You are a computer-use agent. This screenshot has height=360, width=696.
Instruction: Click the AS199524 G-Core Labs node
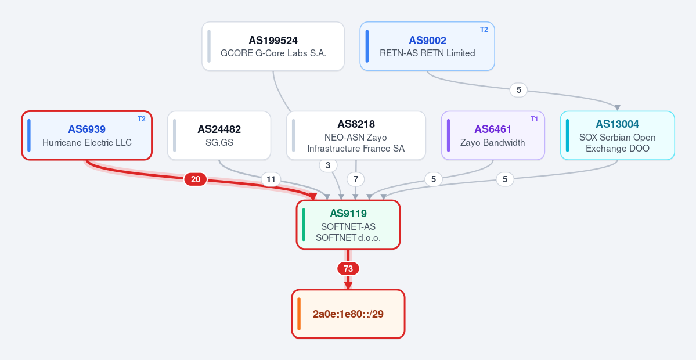[x=273, y=46]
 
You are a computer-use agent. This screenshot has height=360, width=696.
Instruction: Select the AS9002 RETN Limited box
[x=427, y=46]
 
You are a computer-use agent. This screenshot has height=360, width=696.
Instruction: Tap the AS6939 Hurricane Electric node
[x=87, y=135]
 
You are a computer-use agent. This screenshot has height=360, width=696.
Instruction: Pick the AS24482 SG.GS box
[x=219, y=135]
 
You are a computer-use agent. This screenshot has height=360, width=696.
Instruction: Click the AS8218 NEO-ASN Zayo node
[x=356, y=135]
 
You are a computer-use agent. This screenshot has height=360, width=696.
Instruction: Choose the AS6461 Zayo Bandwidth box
[x=493, y=135]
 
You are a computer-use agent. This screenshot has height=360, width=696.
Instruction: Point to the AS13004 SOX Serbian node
[x=618, y=135]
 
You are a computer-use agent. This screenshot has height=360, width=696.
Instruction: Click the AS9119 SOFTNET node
[x=348, y=225]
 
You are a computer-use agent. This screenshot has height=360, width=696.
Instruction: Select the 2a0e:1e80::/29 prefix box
[x=348, y=314]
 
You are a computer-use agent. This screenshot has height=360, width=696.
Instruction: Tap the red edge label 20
[x=195, y=179]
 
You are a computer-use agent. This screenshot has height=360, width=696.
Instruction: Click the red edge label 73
[x=348, y=269]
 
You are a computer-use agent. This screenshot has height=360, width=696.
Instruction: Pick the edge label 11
[x=271, y=179]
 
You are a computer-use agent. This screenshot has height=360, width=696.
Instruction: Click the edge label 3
[x=328, y=165]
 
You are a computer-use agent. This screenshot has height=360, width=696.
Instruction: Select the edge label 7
[x=355, y=179]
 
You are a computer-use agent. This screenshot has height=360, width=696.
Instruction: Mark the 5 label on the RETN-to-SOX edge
[x=518, y=90]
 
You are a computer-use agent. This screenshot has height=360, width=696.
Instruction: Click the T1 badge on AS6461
[x=534, y=119]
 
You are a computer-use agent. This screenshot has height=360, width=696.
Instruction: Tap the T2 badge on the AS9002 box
[x=484, y=30]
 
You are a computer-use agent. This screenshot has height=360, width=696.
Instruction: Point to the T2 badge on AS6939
[x=141, y=119]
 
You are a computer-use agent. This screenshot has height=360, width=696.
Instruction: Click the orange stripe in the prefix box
[x=299, y=314]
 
